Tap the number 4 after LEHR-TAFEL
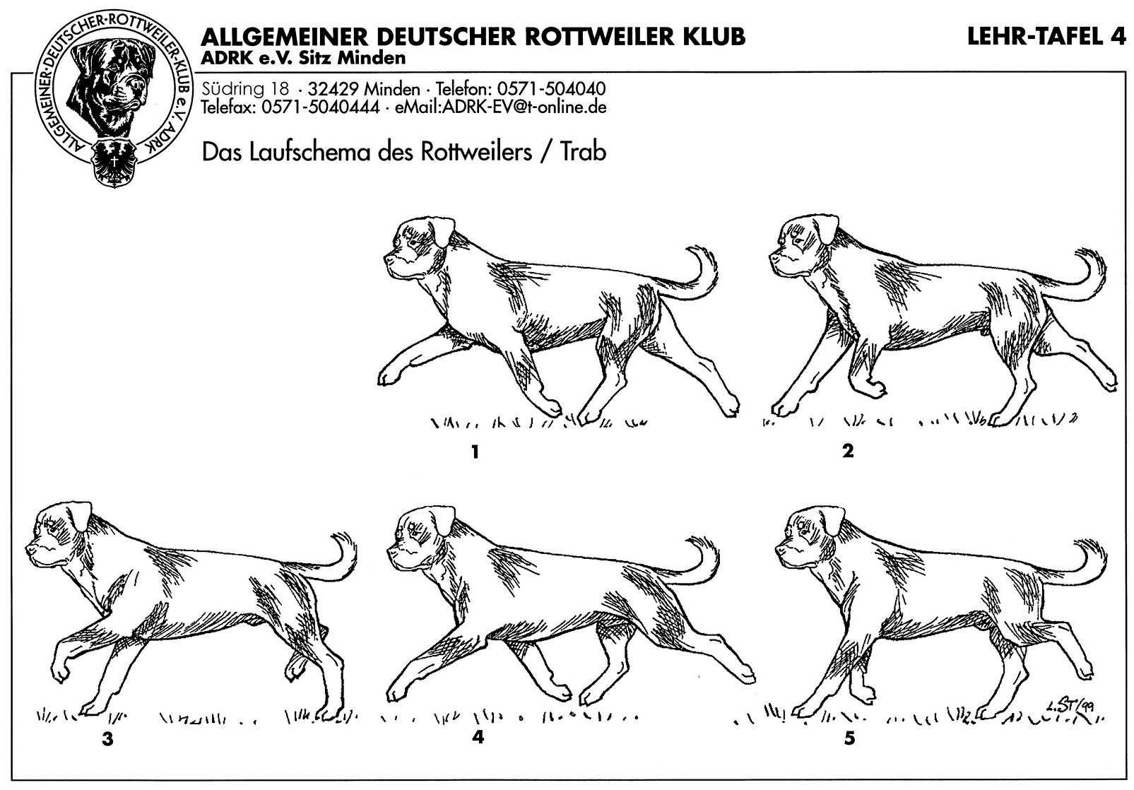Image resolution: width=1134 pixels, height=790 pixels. coord(1117,37)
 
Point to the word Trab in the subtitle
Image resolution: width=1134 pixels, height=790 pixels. coord(583,152)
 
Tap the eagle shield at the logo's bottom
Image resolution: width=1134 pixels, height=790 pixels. coord(113,161)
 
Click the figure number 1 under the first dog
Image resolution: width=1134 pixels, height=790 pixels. coord(475,451)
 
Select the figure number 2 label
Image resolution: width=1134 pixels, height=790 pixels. coord(847,450)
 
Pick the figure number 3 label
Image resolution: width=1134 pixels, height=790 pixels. coord(107,739)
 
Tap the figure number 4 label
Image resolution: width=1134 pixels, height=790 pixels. coord(478,737)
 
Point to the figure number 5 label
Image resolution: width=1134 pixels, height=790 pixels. coord(849,738)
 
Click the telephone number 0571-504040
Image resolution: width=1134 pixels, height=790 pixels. coord(551,90)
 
